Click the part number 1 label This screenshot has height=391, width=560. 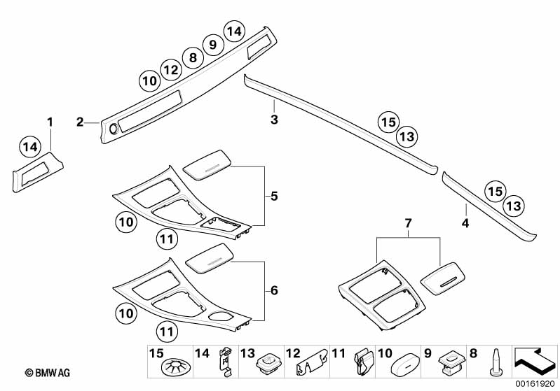(50, 123)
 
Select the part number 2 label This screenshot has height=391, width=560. (81, 122)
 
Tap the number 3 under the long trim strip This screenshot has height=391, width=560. (275, 120)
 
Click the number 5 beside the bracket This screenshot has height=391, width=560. (275, 197)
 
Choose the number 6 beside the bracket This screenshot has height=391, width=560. (275, 290)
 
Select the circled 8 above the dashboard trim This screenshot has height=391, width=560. (191, 57)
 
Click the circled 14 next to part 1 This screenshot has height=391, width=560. (29, 147)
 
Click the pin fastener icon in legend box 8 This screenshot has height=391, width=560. (496, 363)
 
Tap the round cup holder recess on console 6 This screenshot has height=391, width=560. (220, 317)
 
